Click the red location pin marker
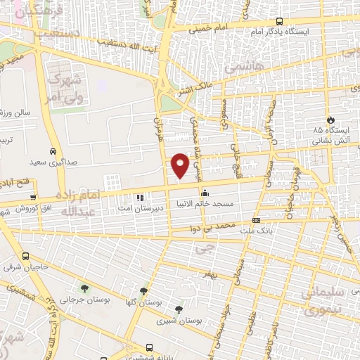point(180,164)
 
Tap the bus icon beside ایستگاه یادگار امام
point(279,21)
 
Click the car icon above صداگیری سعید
point(53,151)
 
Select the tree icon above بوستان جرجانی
point(84,288)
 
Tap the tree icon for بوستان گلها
point(143,290)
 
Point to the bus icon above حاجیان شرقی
point(26,257)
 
